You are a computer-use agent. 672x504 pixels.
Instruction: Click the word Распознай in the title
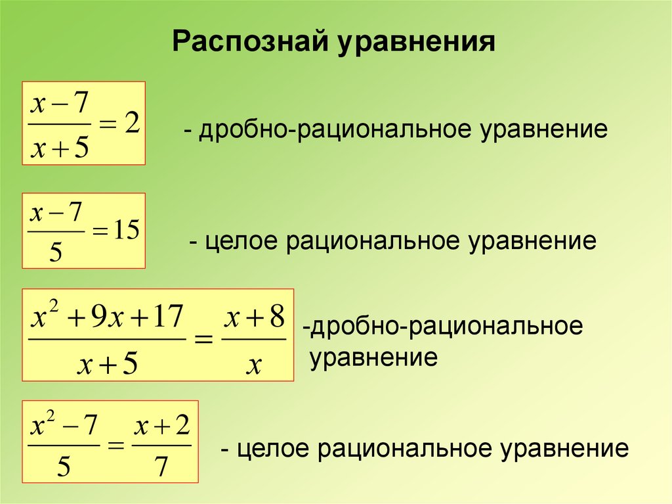point(249,43)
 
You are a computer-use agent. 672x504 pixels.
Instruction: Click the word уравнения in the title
point(415,43)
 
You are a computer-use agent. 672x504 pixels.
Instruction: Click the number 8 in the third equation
point(276,318)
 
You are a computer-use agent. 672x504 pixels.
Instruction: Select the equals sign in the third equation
point(202,341)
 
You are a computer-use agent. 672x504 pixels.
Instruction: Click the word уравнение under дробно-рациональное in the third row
point(373,358)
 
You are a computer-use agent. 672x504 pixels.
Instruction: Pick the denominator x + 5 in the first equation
point(60,148)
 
